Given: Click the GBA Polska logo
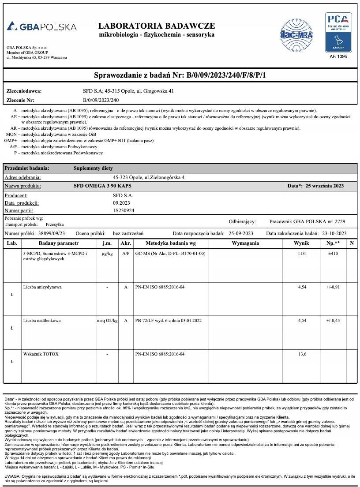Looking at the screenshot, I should tap(41, 26).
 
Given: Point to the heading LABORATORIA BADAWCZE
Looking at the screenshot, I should tap(157, 26).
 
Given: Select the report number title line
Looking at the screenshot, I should tap(180, 75).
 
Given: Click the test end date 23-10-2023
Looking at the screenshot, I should tap(334, 233).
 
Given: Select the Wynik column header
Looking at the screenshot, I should tap(302, 243).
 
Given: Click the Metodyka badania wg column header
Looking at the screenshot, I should tap(170, 243).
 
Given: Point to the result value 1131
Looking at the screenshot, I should tap(302, 254).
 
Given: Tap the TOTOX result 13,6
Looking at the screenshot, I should tap(302, 354).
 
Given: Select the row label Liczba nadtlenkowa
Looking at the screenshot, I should tap(42, 321).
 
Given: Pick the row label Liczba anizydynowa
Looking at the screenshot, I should tap(42, 287).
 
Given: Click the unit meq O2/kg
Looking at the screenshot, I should tap(107, 321).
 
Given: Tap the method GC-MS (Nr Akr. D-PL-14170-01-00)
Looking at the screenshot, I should tap(170, 254).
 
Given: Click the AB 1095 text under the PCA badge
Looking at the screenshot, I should tap(338, 56).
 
